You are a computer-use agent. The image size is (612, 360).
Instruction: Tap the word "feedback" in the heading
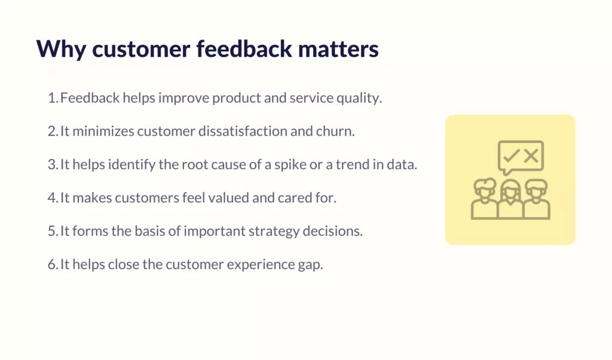244,48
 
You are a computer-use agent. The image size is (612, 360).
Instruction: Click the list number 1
53,98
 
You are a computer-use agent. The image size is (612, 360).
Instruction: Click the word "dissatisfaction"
243,131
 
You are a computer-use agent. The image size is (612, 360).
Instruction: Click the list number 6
53,265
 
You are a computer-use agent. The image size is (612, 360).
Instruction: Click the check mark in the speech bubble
511,155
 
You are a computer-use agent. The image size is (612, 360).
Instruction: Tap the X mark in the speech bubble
531,156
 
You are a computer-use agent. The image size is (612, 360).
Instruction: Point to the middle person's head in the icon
510,190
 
